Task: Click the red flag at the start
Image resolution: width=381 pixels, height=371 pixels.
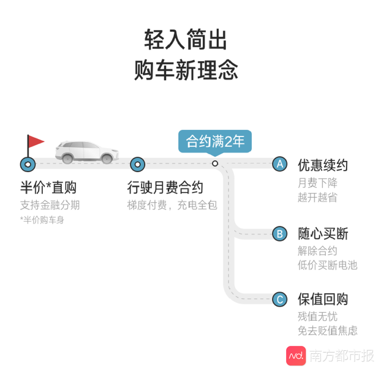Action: point(36,141)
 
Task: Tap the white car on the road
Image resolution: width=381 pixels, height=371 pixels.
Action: point(87,151)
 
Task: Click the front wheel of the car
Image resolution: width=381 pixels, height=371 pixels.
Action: point(107,159)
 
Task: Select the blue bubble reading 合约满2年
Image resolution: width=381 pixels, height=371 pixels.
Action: point(215,142)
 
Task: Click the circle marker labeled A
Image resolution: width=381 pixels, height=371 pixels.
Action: point(280,164)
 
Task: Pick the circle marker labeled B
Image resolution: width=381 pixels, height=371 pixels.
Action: point(280,234)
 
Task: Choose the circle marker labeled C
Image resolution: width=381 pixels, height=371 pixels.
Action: point(280,299)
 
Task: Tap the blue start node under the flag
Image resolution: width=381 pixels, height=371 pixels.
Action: point(28,164)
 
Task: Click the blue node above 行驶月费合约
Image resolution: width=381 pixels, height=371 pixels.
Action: point(138,164)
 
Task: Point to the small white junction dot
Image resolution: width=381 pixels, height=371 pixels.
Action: point(215,163)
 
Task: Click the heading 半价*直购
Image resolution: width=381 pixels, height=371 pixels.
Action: point(48,187)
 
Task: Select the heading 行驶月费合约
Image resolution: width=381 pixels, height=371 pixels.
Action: point(165,187)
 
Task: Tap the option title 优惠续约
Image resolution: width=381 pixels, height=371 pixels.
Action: point(323,165)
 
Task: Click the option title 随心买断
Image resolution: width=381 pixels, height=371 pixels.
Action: point(323,234)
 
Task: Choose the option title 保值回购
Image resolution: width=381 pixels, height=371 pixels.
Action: point(323,299)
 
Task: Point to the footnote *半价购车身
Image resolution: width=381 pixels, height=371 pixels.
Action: point(42,220)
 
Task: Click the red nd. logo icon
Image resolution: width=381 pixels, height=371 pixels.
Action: point(296,356)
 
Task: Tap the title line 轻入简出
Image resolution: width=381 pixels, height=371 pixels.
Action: point(186,40)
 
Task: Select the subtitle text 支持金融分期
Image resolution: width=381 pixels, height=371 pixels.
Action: point(50,205)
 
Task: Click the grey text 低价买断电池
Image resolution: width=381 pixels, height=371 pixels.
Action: point(328,265)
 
